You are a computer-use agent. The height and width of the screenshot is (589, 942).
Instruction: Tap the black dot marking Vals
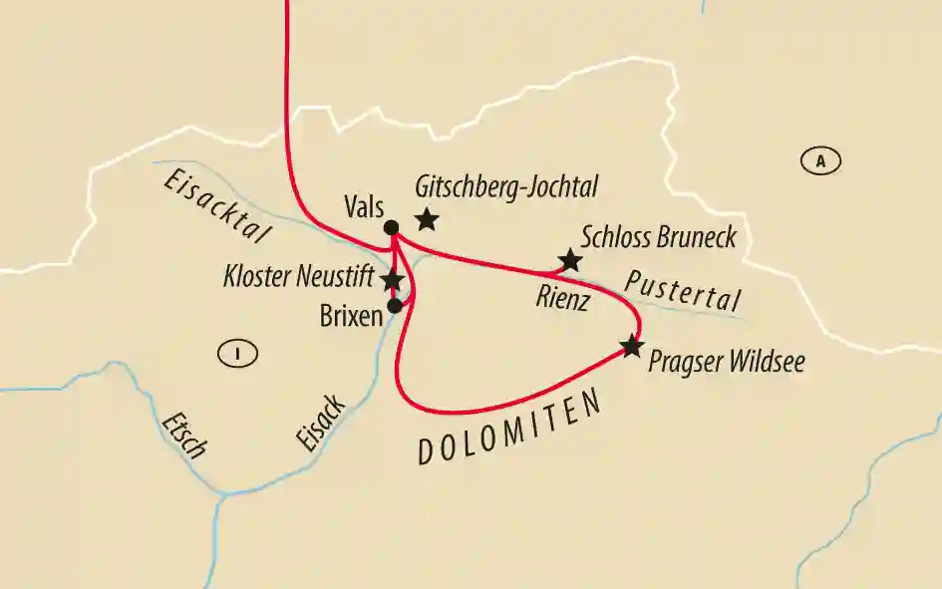(x=392, y=228)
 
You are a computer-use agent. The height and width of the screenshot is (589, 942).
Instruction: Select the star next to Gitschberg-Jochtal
(x=427, y=218)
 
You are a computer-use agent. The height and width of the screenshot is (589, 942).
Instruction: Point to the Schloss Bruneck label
(x=658, y=237)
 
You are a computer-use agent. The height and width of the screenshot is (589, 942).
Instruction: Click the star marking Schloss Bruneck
(x=569, y=261)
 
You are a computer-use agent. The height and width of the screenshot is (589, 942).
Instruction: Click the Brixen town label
(x=351, y=316)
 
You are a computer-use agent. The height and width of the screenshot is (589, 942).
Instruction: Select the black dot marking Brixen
(x=395, y=306)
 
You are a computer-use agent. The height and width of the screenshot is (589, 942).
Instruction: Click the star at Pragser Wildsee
(x=631, y=346)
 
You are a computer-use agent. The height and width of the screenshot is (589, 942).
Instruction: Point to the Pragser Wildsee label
(x=726, y=361)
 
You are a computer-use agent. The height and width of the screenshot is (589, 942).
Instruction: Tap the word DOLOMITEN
(x=510, y=430)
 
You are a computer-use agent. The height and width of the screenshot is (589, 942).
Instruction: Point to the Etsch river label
(x=184, y=435)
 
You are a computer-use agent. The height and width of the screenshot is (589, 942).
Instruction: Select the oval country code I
(x=237, y=352)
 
